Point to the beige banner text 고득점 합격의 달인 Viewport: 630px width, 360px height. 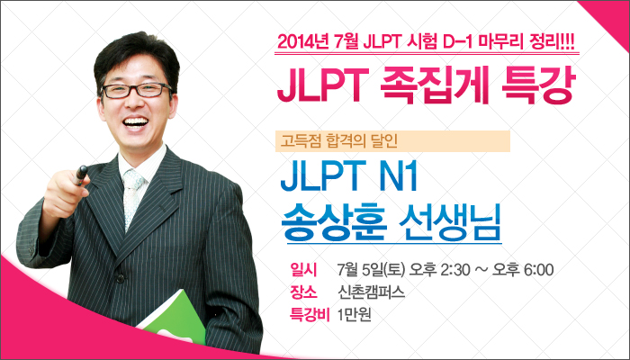[x=338, y=141]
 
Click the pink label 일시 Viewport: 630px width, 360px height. [x=303, y=270]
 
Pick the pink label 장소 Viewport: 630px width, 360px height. [x=303, y=292]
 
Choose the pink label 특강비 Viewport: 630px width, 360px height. [x=310, y=315]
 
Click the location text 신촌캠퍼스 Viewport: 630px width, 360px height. [x=372, y=292]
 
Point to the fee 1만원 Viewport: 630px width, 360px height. [x=355, y=315]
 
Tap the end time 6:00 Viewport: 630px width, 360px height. [x=539, y=270]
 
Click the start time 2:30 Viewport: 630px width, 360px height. [x=454, y=270]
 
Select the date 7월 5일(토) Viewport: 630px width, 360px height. [x=371, y=270]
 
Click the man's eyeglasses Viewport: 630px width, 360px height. [x=137, y=90]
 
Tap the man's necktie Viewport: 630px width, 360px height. [x=131, y=198]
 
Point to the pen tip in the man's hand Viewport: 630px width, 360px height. [x=82, y=169]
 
